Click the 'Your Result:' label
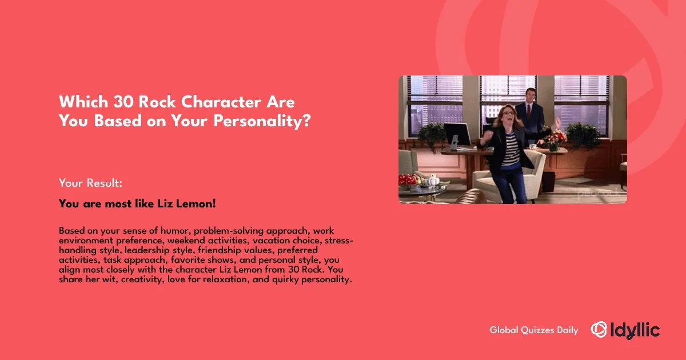91,183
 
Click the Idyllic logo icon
599,329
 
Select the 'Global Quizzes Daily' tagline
534,330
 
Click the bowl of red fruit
409,181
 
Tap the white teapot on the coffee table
433,181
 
